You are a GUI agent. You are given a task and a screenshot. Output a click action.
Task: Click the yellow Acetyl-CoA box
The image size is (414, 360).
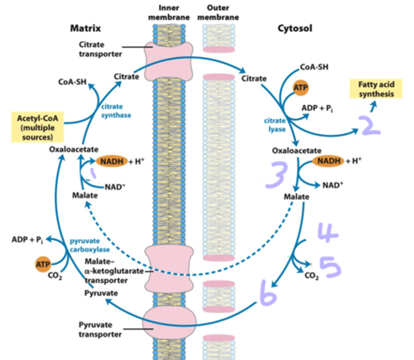click(x=38, y=127)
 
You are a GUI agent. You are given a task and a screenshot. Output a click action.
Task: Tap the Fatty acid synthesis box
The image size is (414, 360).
click(x=376, y=89)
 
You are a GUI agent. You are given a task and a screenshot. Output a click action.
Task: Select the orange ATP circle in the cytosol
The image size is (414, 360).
click(x=300, y=88)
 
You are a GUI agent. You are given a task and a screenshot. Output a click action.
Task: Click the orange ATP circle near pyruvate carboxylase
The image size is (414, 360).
click(x=43, y=264)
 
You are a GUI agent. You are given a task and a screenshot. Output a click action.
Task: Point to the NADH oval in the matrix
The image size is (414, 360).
click(x=112, y=161)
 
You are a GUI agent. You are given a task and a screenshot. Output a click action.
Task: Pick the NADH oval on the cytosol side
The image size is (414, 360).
click(x=329, y=161)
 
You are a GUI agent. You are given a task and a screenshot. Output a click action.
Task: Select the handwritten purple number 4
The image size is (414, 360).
click(x=327, y=232)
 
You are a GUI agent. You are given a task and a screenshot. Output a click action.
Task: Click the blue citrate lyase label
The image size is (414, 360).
click(x=275, y=125)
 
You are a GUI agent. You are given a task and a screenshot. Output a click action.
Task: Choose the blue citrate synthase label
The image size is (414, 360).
click(x=116, y=111)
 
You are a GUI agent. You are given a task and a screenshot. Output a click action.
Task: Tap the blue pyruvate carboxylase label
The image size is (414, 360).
click(x=89, y=245)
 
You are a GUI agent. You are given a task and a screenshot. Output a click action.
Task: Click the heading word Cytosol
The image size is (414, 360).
click(x=295, y=28)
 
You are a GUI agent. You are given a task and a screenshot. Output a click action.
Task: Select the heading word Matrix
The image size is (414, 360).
click(x=85, y=28)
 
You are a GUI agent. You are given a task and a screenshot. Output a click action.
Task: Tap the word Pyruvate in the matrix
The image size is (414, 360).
click(x=101, y=293)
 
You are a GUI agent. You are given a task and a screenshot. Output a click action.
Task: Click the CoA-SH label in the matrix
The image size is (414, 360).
click(x=72, y=82)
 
